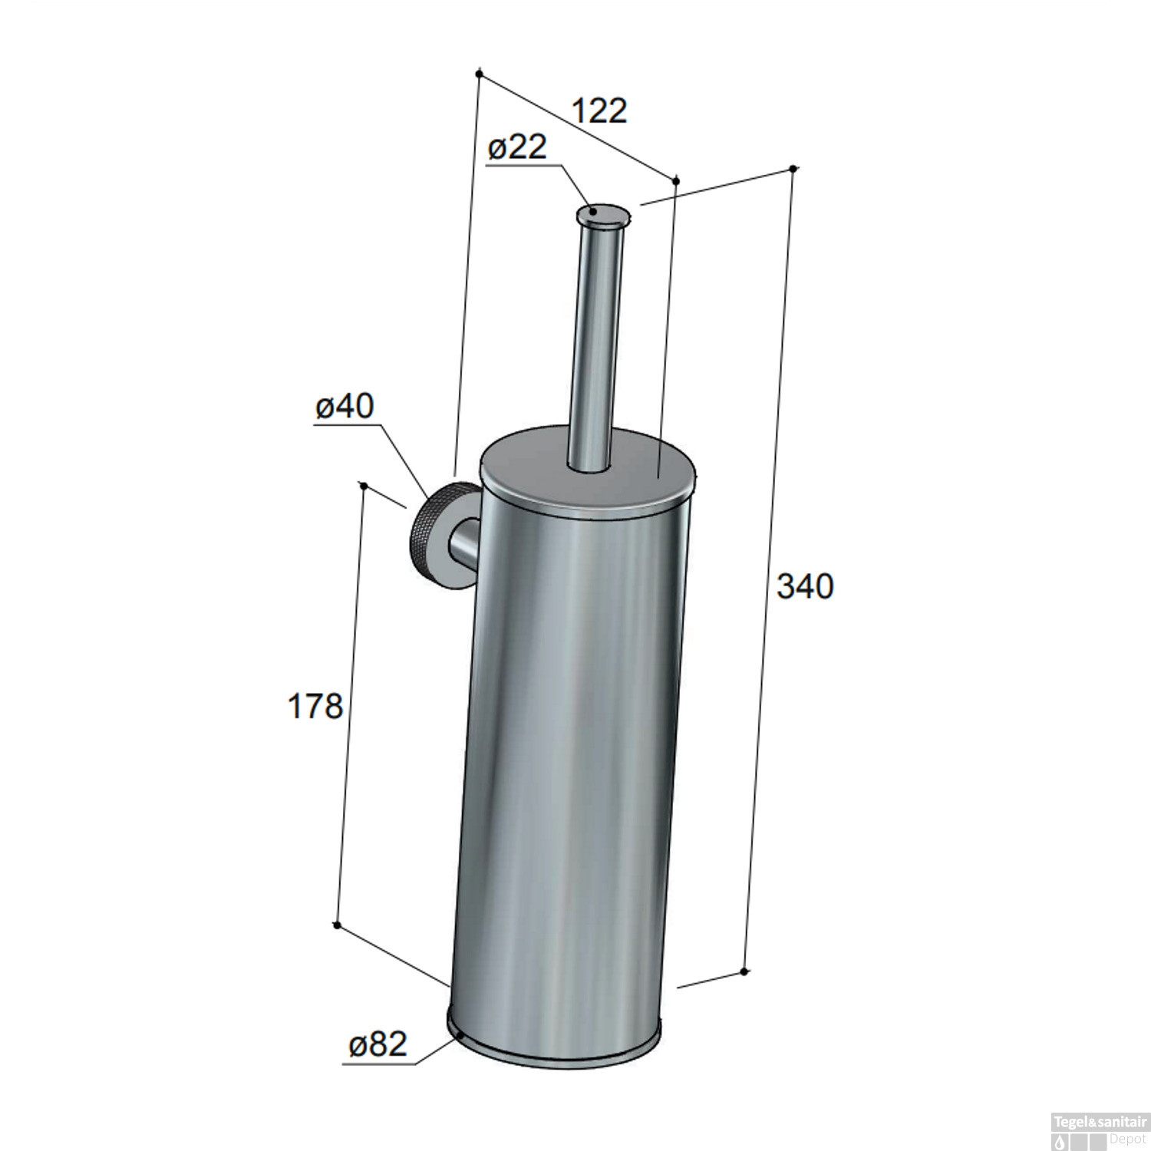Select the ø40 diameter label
click(x=345, y=407)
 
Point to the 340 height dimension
click(x=804, y=586)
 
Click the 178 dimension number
click(x=315, y=706)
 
